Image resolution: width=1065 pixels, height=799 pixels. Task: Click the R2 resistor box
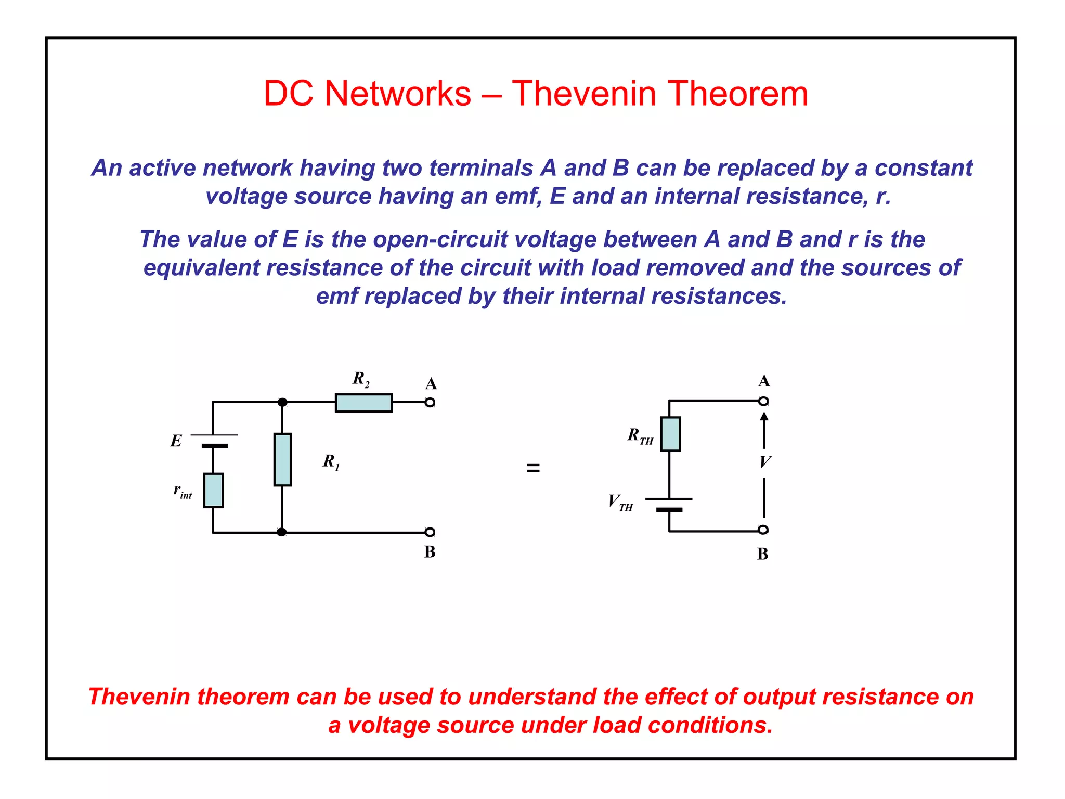363,403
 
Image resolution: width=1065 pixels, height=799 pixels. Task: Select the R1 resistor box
282,459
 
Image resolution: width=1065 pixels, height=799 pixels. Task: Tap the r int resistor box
213,490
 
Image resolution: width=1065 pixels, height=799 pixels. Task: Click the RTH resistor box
670,434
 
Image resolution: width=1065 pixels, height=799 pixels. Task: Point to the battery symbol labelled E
214,441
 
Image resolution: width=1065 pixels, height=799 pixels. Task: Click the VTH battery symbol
669,504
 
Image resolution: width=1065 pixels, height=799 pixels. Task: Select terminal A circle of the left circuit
430,402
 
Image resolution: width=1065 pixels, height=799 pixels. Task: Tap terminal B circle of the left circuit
430,532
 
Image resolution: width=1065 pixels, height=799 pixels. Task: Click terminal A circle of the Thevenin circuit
763,401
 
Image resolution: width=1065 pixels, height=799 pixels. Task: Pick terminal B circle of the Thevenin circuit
763,530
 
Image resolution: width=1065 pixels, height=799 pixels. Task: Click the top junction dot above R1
282,402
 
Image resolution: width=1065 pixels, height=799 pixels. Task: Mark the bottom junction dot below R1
281,532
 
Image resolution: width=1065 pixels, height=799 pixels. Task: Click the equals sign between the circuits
533,468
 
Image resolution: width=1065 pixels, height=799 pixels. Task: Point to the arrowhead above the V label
764,416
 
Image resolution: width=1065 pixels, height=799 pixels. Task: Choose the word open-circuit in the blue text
440,239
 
